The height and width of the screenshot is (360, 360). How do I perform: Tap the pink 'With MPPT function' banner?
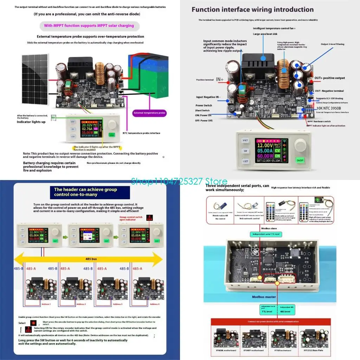pyautogui.click(x=89, y=26)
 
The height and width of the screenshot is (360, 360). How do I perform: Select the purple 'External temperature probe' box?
pyautogui.click(x=150, y=113)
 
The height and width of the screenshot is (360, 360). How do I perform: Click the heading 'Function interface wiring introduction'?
pyautogui.click(x=252, y=9)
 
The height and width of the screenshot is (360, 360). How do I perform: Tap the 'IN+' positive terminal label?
pyautogui.click(x=220, y=79)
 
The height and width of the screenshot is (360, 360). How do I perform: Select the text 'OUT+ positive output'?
pyautogui.click(x=329, y=78)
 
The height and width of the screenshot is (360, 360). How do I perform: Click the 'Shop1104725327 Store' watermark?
pyautogui.click(x=179, y=181)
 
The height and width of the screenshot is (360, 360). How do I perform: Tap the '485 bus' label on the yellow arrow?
pyautogui.click(x=91, y=259)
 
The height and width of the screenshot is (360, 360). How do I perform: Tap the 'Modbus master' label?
pyautogui.click(x=264, y=297)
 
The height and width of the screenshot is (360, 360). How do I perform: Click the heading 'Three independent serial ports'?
pyautogui.click(x=238, y=188)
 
